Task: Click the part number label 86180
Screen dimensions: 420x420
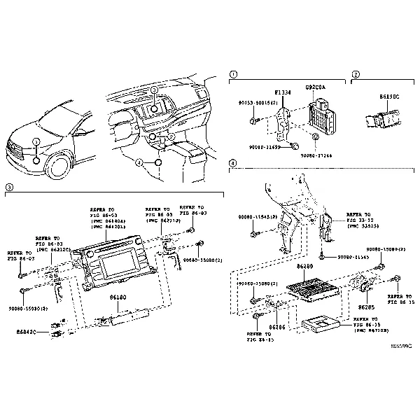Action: point(118,297)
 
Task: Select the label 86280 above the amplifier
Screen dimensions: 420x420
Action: point(304,267)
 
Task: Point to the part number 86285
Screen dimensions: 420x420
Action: point(367,307)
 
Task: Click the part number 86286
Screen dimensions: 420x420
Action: point(278,327)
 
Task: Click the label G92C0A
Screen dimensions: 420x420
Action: point(315,87)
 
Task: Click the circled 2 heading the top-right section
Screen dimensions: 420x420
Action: point(356,73)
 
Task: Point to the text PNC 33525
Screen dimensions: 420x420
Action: point(363,226)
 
